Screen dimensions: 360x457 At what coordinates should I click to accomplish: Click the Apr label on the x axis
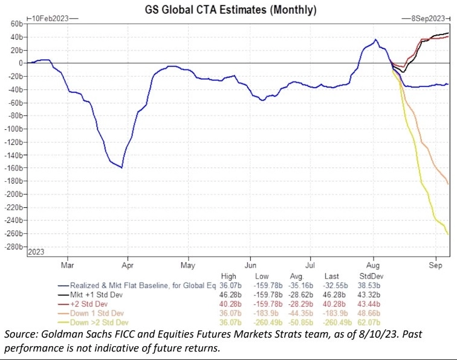(x=128, y=265)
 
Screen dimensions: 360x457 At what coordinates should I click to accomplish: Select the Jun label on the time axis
(x=250, y=265)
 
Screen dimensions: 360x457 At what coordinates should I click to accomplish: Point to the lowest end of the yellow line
(x=448, y=234)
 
